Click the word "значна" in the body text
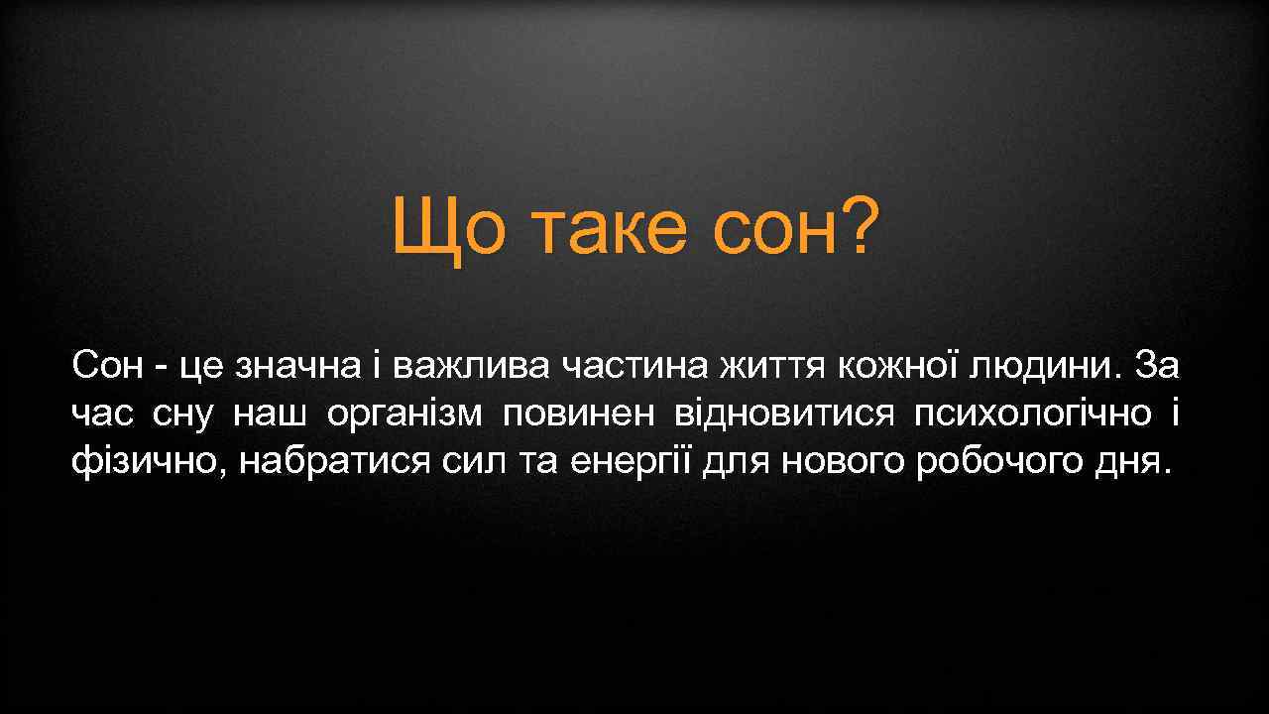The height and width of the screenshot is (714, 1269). pos(297,367)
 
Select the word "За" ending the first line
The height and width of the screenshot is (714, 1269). pos(1158,367)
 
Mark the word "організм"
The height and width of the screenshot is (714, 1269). pos(404,414)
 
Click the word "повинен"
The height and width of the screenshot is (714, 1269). pos(579,414)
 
